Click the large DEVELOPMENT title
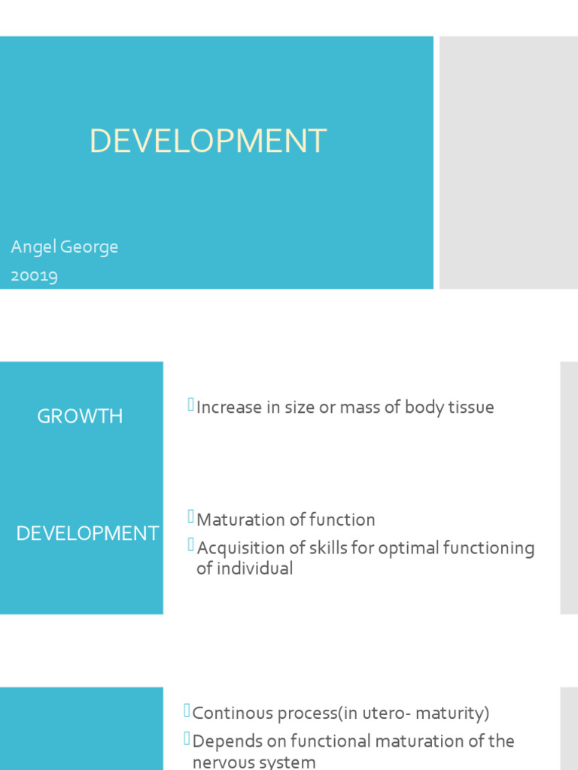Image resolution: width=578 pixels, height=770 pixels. pyautogui.click(x=208, y=141)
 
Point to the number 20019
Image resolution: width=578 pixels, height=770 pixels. pyautogui.click(x=35, y=276)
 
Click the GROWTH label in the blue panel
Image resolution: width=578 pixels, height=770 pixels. pyautogui.click(x=80, y=416)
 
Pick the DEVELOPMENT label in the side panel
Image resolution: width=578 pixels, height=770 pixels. pyautogui.click(x=87, y=533)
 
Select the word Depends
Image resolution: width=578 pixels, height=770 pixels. pyautogui.click(x=222, y=741)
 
